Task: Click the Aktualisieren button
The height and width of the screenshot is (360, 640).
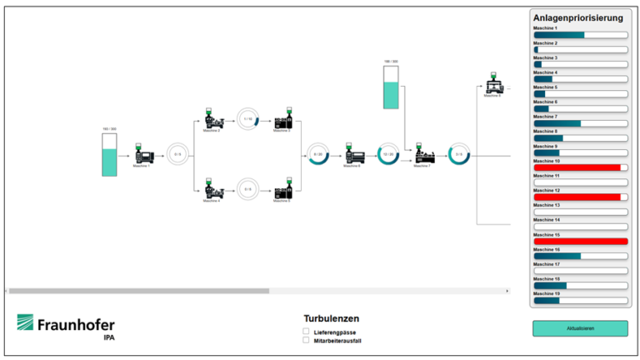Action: [580, 328]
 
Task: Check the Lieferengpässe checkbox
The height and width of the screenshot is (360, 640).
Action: [306, 332]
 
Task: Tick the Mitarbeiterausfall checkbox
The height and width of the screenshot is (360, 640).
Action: [306, 340]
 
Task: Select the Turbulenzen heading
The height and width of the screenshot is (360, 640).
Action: [332, 318]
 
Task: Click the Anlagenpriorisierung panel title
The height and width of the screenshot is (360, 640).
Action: [577, 17]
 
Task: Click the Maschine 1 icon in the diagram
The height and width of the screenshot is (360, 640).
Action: [142, 154]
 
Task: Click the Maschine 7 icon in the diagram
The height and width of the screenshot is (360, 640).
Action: [424, 155]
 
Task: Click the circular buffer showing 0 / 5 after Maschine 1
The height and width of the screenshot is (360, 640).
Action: [177, 154]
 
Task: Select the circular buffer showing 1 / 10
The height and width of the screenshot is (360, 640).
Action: [247, 119]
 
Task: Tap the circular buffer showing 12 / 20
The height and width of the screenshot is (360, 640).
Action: [388, 154]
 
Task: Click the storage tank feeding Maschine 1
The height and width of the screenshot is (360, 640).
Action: [109, 155]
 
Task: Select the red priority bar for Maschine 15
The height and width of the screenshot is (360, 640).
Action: [580, 242]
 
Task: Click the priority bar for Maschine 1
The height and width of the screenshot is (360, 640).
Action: [580, 35]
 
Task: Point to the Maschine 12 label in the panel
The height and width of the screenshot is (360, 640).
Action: [547, 190]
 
